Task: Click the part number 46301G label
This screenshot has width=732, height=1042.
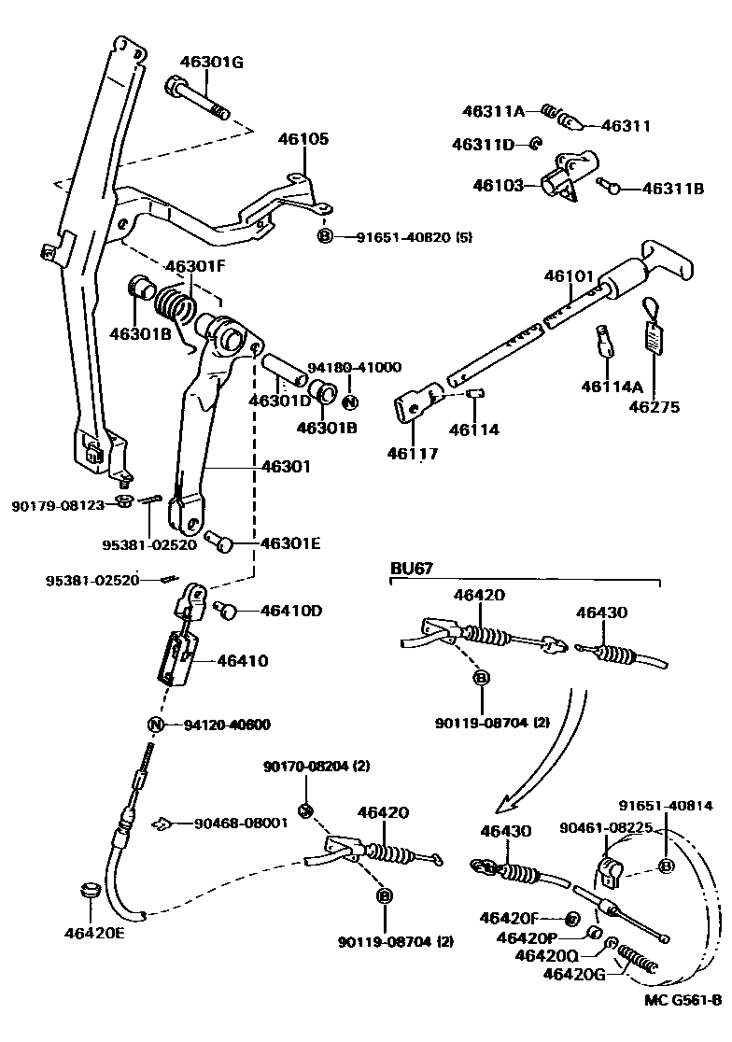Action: click(211, 63)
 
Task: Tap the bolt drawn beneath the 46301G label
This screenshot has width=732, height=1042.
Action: click(199, 98)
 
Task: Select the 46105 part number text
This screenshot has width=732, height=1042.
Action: click(303, 139)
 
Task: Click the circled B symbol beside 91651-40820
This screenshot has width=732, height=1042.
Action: click(325, 237)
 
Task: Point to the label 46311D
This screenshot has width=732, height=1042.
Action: click(483, 145)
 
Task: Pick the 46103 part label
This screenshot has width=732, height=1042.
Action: click(500, 185)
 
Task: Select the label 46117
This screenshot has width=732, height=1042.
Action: click(412, 454)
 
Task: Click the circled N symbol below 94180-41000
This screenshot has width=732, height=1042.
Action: click(350, 402)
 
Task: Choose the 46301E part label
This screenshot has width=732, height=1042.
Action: click(290, 542)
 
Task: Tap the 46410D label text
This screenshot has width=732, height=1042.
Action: click(291, 611)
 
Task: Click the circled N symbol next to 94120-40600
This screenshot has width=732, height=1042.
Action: click(156, 725)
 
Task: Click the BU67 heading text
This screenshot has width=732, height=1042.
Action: click(412, 568)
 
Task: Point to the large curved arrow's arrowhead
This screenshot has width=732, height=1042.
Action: click(508, 800)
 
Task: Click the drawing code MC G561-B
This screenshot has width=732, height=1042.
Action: click(683, 1025)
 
